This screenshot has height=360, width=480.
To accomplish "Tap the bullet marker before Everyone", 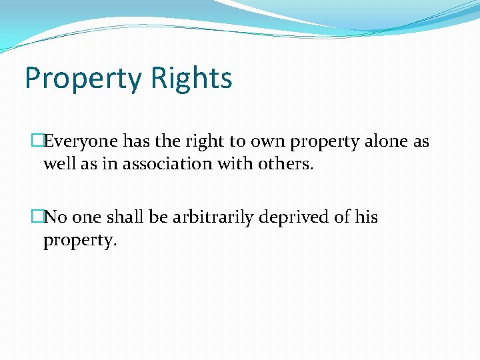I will pos(37,141).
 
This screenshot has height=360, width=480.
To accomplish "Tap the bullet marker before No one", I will pos(37,217).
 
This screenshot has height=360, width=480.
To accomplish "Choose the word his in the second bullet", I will pos(366,217).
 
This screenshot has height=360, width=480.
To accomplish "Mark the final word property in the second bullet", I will pos(80,241).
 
